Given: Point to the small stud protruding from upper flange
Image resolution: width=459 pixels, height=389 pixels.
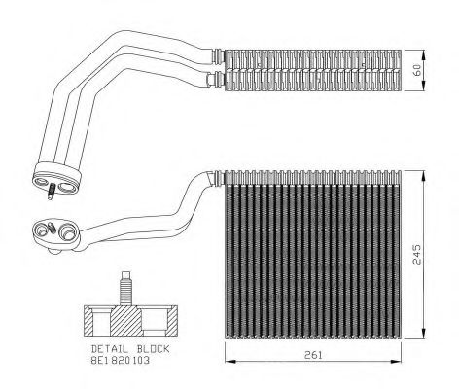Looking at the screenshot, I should tap(49, 195).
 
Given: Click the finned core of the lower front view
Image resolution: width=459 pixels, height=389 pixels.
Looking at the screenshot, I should tap(311, 258).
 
